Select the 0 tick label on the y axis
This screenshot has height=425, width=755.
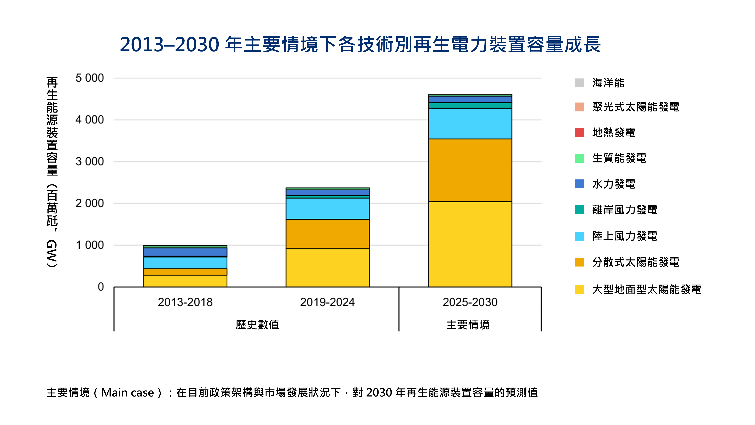point(101,287)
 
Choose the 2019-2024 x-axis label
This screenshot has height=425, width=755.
point(327,302)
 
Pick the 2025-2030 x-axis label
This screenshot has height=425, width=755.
point(470,302)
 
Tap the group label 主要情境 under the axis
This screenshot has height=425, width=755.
point(468,325)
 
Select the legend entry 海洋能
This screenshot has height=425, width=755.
point(608,83)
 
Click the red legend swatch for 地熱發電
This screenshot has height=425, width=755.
point(579,133)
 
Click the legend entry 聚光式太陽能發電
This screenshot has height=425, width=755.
point(635,107)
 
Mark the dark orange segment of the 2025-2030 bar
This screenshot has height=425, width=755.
point(470,170)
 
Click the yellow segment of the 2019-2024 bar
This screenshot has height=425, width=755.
point(327,268)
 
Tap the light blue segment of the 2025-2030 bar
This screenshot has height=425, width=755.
point(470,123)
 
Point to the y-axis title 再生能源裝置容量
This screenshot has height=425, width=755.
point(52,126)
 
